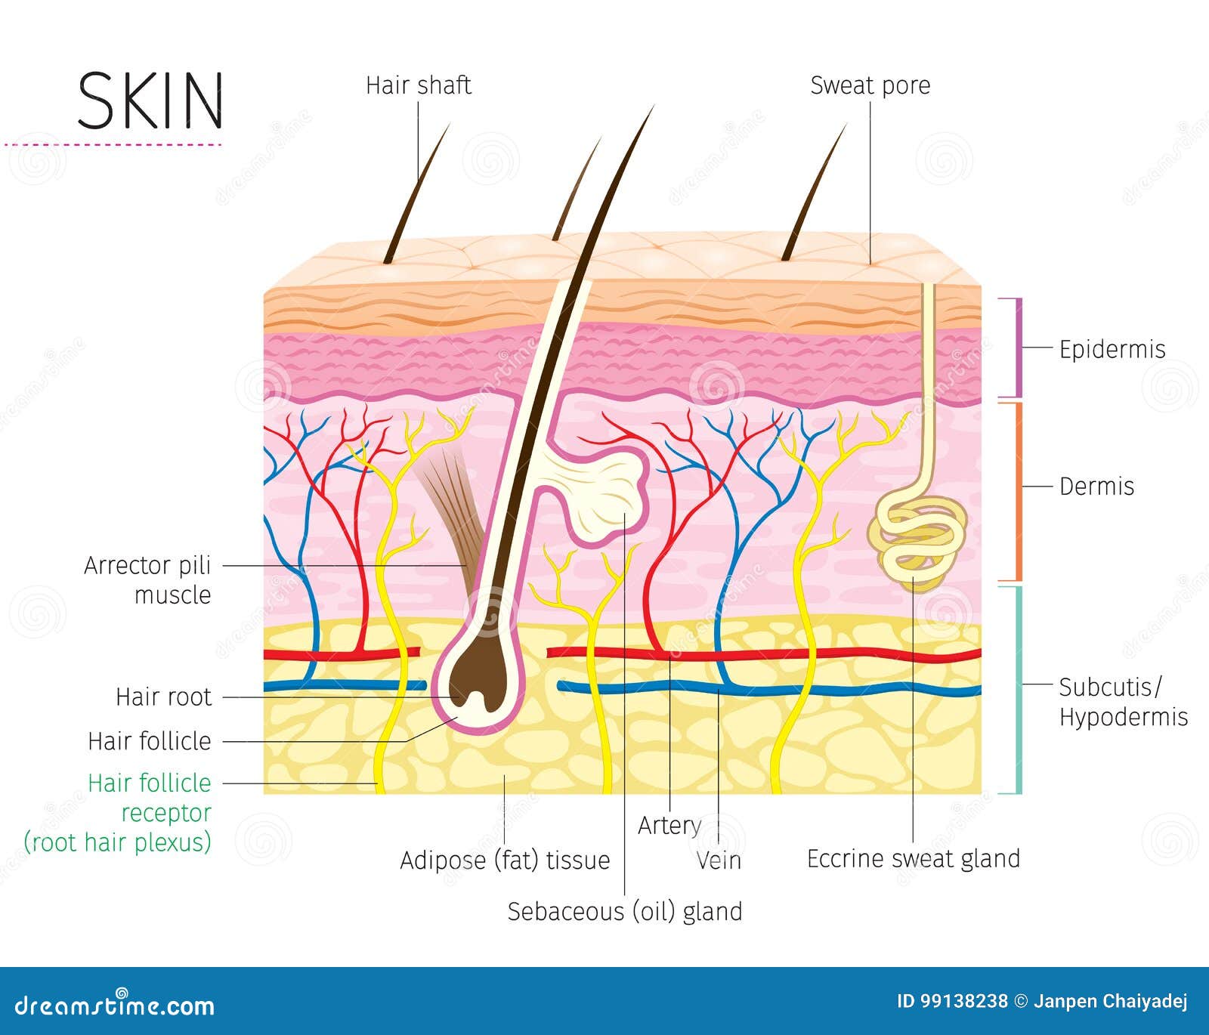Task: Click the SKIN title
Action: coord(150,100)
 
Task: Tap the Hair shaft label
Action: coord(418,85)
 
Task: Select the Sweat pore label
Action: coord(870,85)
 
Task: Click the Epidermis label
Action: coord(1112,349)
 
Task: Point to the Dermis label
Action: coord(1096,486)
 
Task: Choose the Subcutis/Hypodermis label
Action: coord(1122,702)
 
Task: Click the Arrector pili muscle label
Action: coord(148,579)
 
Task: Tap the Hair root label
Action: coord(163,697)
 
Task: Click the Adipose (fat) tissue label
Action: coord(505,860)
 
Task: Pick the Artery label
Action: coord(669,825)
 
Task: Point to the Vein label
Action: coord(719,860)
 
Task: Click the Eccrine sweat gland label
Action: coord(913,859)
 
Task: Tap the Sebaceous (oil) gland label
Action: coord(624,911)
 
